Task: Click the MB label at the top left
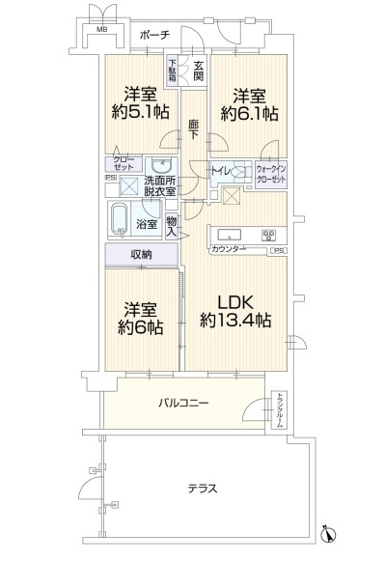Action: tap(99, 30)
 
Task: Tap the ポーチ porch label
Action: tap(156, 34)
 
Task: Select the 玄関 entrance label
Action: tap(198, 70)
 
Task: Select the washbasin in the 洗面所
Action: tap(162, 165)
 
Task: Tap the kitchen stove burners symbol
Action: tap(269, 235)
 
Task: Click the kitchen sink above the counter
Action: tap(232, 234)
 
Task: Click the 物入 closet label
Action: tap(171, 226)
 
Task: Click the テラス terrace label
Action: tap(202, 488)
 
